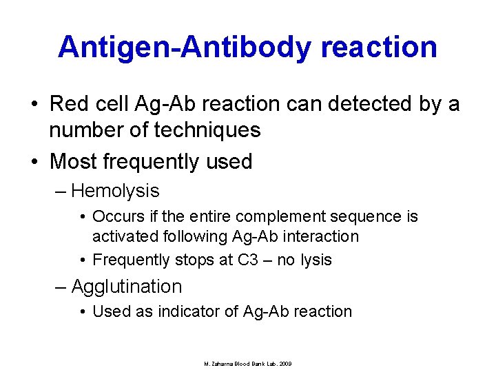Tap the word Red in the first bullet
pyautogui.click(x=67, y=104)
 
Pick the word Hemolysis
pyautogui.click(x=115, y=191)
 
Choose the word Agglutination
pyautogui.click(x=127, y=286)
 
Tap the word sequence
pyautogui.click(x=370, y=216)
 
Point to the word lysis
pyautogui.click(x=316, y=260)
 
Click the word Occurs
pyautogui.click(x=115, y=216)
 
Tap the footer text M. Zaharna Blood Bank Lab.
pyautogui.click(x=247, y=364)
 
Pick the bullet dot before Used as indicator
pyautogui.click(x=83, y=312)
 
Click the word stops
pyautogui.click(x=191, y=260)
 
